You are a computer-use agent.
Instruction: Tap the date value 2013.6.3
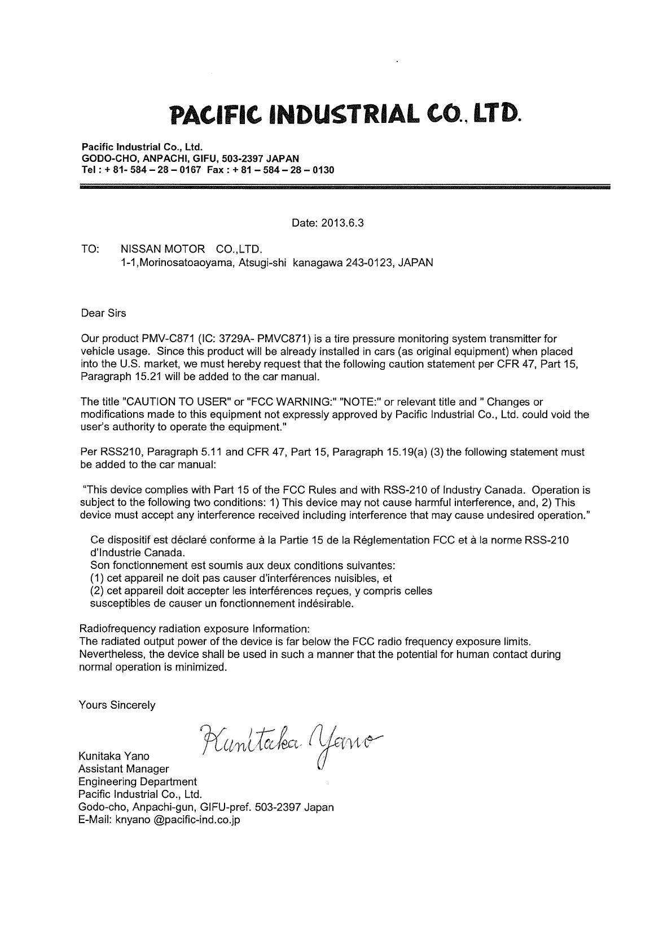(x=343, y=223)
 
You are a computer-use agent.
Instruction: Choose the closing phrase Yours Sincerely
(x=117, y=705)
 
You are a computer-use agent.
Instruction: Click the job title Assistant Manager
(x=124, y=768)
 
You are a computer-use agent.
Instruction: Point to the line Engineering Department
(x=138, y=781)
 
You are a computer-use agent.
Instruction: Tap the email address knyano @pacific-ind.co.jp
(x=178, y=820)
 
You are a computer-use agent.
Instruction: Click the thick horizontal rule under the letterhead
(x=345, y=185)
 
